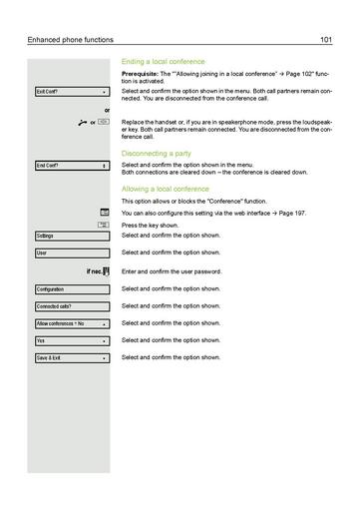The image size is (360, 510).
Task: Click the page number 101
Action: tap(326, 40)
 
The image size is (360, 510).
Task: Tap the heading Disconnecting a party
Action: tap(158, 153)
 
